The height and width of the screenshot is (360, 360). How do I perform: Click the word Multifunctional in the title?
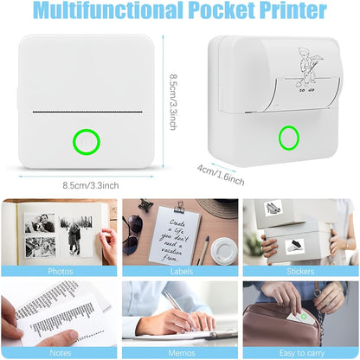coord(120,11)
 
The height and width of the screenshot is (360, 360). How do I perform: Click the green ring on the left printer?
coord(86,139)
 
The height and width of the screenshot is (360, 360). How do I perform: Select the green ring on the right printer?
coord(288,137)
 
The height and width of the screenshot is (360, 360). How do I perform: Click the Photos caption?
coord(60,271)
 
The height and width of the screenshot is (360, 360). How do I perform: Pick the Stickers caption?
coord(300,271)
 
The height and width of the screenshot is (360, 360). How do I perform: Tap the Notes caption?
coord(60,352)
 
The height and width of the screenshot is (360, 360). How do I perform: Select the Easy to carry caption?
coord(300,352)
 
